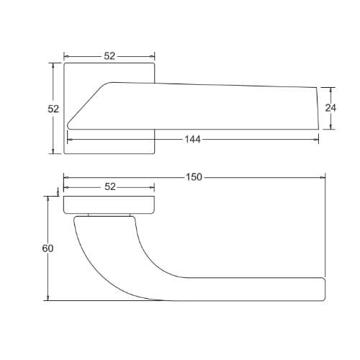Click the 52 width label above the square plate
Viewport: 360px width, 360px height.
(x=109, y=56)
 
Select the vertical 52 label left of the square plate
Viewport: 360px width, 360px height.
(x=53, y=109)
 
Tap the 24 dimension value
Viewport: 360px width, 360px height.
(x=330, y=108)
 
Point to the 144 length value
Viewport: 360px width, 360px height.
(x=192, y=140)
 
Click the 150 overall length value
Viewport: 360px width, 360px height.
(x=194, y=177)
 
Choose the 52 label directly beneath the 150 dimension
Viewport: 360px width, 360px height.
(x=110, y=187)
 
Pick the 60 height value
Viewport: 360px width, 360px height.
(x=48, y=248)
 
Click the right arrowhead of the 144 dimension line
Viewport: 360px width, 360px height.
(x=316, y=140)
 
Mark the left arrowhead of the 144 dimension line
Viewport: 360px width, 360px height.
(x=70, y=140)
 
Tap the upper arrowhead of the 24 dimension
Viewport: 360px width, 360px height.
(x=330, y=90)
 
